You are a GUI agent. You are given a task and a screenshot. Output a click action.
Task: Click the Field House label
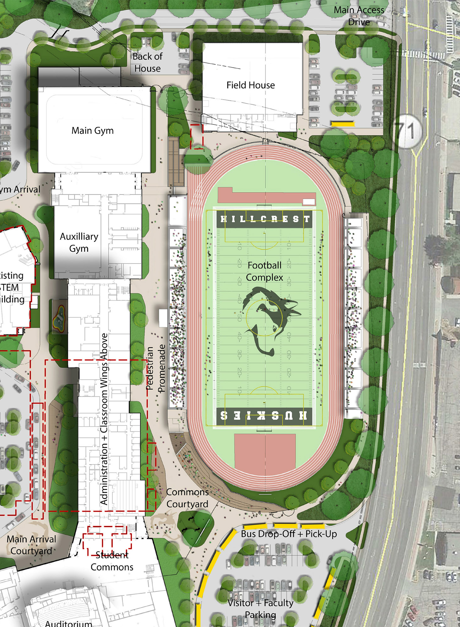click(250, 85)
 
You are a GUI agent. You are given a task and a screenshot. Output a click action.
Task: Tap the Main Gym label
click(93, 130)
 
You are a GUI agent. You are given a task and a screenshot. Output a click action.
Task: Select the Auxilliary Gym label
click(79, 242)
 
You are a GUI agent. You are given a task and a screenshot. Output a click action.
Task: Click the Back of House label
click(147, 62)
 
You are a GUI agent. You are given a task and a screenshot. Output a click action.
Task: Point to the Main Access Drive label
click(359, 16)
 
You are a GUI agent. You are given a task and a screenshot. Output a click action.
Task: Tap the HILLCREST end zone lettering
click(265, 219)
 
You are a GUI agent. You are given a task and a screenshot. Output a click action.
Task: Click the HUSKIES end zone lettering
click(264, 416)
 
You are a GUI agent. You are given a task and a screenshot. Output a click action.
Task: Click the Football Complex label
click(265, 271)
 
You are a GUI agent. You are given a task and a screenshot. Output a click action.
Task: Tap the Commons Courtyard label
click(187, 498)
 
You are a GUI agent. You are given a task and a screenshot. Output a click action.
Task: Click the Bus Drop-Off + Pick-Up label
click(289, 534)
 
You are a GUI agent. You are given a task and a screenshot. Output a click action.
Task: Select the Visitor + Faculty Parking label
click(260, 609)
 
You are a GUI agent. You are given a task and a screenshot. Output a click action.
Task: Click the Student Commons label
click(112, 561)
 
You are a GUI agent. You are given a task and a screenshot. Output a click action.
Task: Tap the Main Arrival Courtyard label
click(31, 545)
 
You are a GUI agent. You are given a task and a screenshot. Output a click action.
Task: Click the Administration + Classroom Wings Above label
click(104, 419)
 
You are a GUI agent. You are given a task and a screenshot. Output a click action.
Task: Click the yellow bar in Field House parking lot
click(343, 124)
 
